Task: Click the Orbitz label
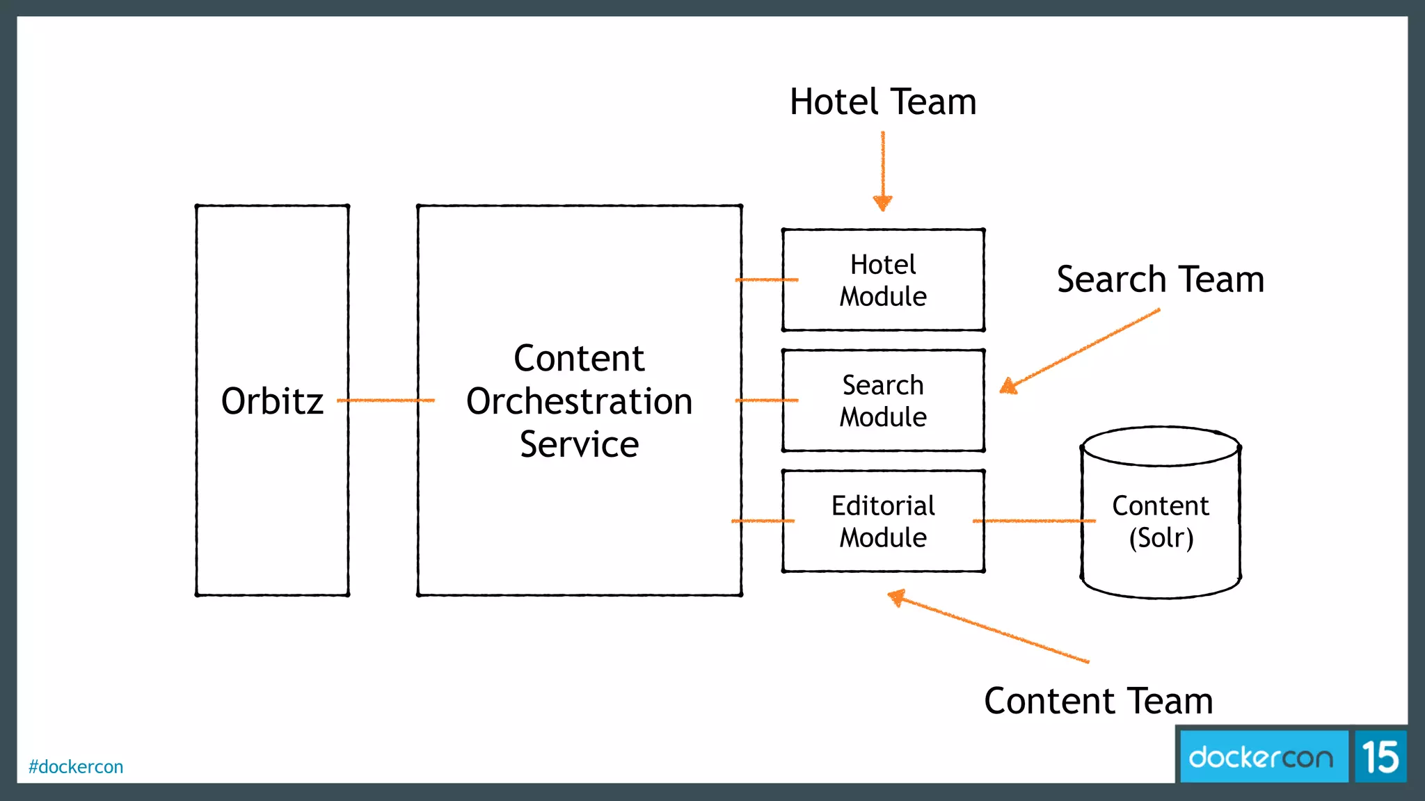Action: pos(272,401)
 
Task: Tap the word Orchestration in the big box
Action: pos(579,402)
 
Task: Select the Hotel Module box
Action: pos(883,280)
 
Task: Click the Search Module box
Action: pos(883,400)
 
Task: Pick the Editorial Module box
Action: pos(883,521)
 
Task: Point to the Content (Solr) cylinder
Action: pos(1160,521)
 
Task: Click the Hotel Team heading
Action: pos(883,102)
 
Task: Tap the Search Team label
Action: pos(1160,280)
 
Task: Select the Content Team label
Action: pos(1098,701)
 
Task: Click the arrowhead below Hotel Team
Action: pos(883,203)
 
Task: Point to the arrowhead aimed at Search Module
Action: pos(1008,386)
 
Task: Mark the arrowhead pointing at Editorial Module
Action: pos(898,597)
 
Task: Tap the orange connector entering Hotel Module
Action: pos(765,280)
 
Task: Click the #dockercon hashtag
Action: pos(76,767)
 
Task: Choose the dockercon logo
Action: pos(1261,757)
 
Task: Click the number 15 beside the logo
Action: pos(1380,757)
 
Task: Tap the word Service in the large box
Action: pos(579,445)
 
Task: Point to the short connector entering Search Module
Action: pos(765,400)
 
